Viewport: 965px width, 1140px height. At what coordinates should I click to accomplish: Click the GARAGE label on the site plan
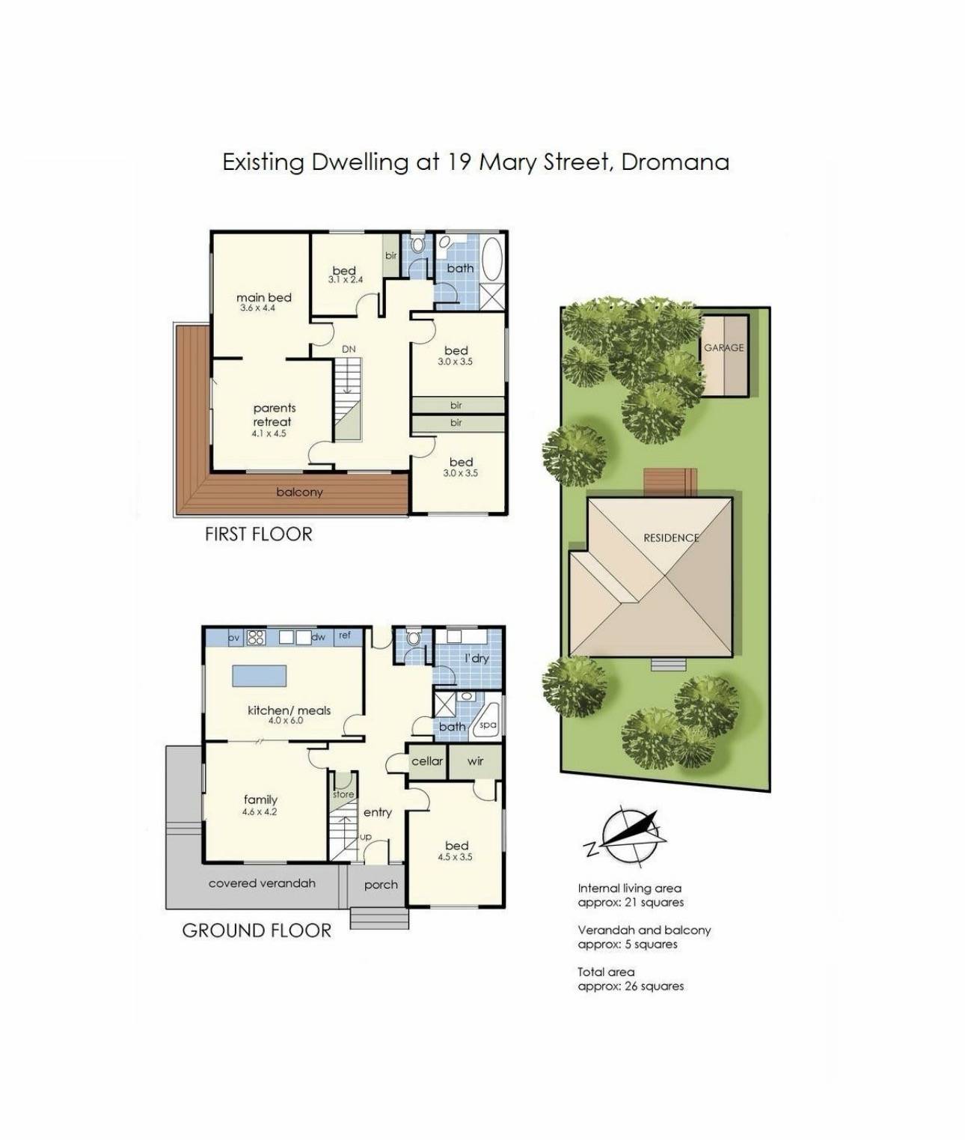click(723, 347)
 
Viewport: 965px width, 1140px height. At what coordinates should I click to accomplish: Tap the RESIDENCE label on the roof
click(671, 537)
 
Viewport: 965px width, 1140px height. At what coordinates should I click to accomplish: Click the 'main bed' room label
click(263, 298)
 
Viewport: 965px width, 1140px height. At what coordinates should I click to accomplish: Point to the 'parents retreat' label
click(274, 415)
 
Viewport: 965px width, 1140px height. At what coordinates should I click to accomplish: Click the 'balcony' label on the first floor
click(299, 492)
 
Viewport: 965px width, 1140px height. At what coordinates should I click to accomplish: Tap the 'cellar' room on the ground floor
click(427, 761)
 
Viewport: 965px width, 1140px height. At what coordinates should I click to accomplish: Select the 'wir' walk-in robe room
click(475, 761)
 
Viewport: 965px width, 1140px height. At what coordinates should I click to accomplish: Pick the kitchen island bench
click(260, 674)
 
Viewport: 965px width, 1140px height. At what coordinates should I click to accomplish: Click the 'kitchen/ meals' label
click(289, 710)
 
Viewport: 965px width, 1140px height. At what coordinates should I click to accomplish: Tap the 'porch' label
click(381, 885)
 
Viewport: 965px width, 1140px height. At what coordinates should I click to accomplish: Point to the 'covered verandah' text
click(262, 883)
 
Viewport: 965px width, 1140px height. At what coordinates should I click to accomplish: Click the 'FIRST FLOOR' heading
click(258, 534)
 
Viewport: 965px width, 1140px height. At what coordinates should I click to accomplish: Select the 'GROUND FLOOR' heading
click(257, 930)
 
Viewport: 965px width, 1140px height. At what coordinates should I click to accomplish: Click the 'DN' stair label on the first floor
click(349, 349)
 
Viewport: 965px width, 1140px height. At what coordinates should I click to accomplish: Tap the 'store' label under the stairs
click(343, 794)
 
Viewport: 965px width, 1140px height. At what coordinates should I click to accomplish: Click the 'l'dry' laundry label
click(477, 659)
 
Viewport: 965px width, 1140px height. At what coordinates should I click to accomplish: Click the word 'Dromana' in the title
click(675, 162)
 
